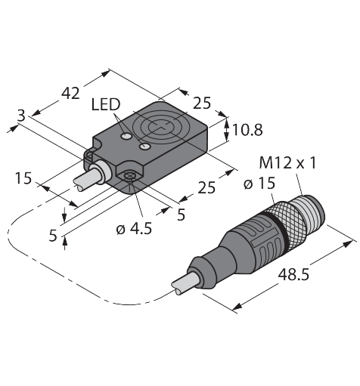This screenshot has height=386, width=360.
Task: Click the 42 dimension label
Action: [x=71, y=94]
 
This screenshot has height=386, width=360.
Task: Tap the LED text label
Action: [x=106, y=104]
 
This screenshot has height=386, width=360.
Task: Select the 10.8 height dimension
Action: [x=247, y=130]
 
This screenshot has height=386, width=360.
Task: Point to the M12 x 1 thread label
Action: [x=287, y=163]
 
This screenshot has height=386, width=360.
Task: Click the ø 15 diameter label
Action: [x=259, y=184]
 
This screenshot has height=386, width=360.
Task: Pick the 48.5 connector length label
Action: [x=293, y=274]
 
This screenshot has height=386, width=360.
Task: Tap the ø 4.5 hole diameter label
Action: [x=134, y=229]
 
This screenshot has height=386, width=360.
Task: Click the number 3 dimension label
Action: [x=21, y=116]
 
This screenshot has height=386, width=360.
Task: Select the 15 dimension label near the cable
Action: [x=23, y=178]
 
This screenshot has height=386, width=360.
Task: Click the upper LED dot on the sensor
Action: [x=126, y=136]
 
